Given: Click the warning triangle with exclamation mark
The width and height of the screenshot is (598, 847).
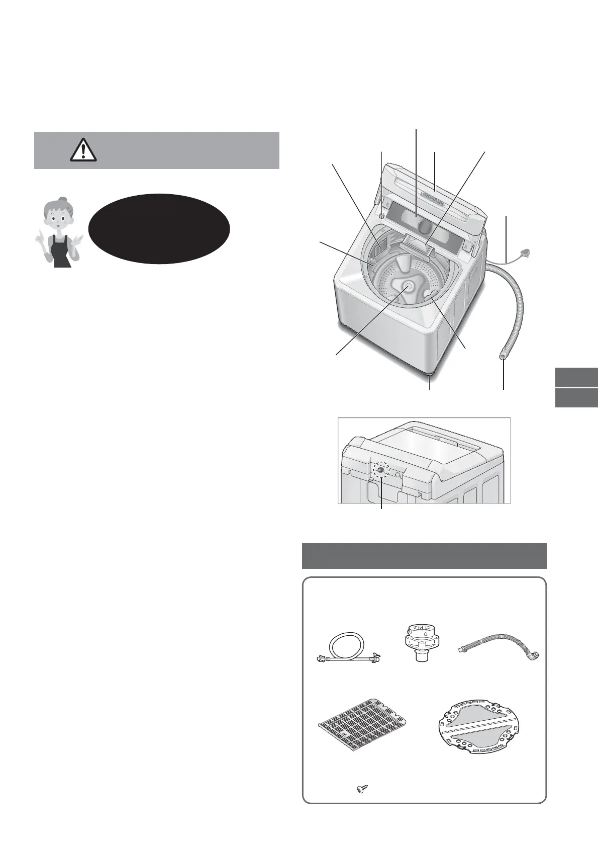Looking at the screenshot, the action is pyautogui.click(x=83, y=149).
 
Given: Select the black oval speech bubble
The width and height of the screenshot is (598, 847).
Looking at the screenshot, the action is pyautogui.click(x=159, y=229).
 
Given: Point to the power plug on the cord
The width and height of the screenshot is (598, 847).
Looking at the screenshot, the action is pyautogui.click(x=525, y=255).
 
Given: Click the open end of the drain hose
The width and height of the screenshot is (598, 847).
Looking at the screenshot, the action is pyautogui.click(x=503, y=356).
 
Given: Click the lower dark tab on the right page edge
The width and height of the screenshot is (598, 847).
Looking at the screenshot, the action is pyautogui.click(x=577, y=397).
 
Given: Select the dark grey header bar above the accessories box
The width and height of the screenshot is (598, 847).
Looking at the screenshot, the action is pyautogui.click(x=424, y=556).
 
